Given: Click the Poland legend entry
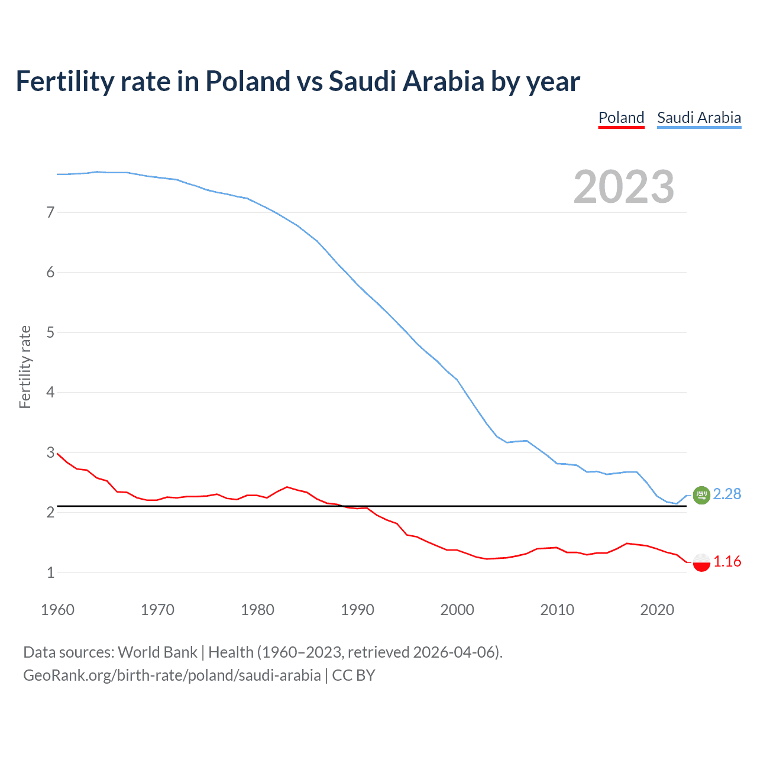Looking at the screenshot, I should pos(621,118).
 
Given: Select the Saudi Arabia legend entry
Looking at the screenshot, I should pos(699,118).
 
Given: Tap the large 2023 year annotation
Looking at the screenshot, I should pos(623,187).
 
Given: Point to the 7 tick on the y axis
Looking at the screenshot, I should pos(50,212).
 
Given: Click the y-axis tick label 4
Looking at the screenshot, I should pos(50,392).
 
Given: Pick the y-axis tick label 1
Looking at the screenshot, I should pos(50,572).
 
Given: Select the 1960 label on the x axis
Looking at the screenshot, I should pos(57,610).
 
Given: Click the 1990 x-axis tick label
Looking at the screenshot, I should pos(357,610).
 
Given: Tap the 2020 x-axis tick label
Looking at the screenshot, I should pos(657,610).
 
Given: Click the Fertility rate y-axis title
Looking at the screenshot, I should pos(25,367).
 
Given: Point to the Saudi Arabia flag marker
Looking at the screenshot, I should pos(701,495).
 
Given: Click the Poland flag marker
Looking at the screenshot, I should pos(701,562).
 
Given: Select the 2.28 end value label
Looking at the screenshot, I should pos(727,494).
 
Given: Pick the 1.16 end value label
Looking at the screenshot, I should pos(727,561).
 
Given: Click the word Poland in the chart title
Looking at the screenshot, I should pos(248,81).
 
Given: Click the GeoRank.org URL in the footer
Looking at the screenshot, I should pos(172,675).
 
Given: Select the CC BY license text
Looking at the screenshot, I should pos(354,675).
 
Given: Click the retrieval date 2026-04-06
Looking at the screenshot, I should pos(455,652).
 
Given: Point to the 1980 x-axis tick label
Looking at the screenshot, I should pos(257,610).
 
